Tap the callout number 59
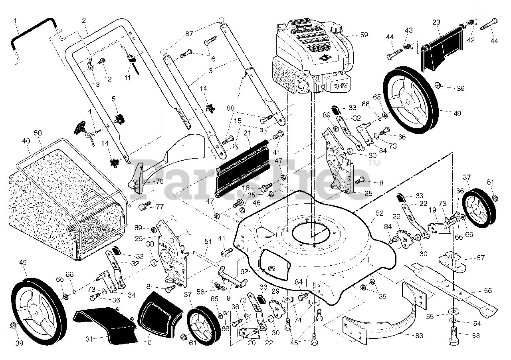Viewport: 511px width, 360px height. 364,35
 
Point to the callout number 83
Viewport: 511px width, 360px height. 419,336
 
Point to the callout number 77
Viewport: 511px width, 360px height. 160,207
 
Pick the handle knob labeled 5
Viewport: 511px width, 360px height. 119,118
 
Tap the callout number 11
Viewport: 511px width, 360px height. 127,78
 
